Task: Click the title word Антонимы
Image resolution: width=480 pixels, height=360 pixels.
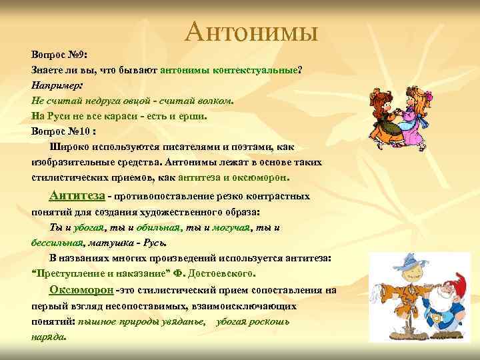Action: (x=252, y=31)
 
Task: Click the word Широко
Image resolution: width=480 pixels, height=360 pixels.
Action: (x=69, y=147)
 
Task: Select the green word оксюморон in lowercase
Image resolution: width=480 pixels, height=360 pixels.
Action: (x=261, y=178)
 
